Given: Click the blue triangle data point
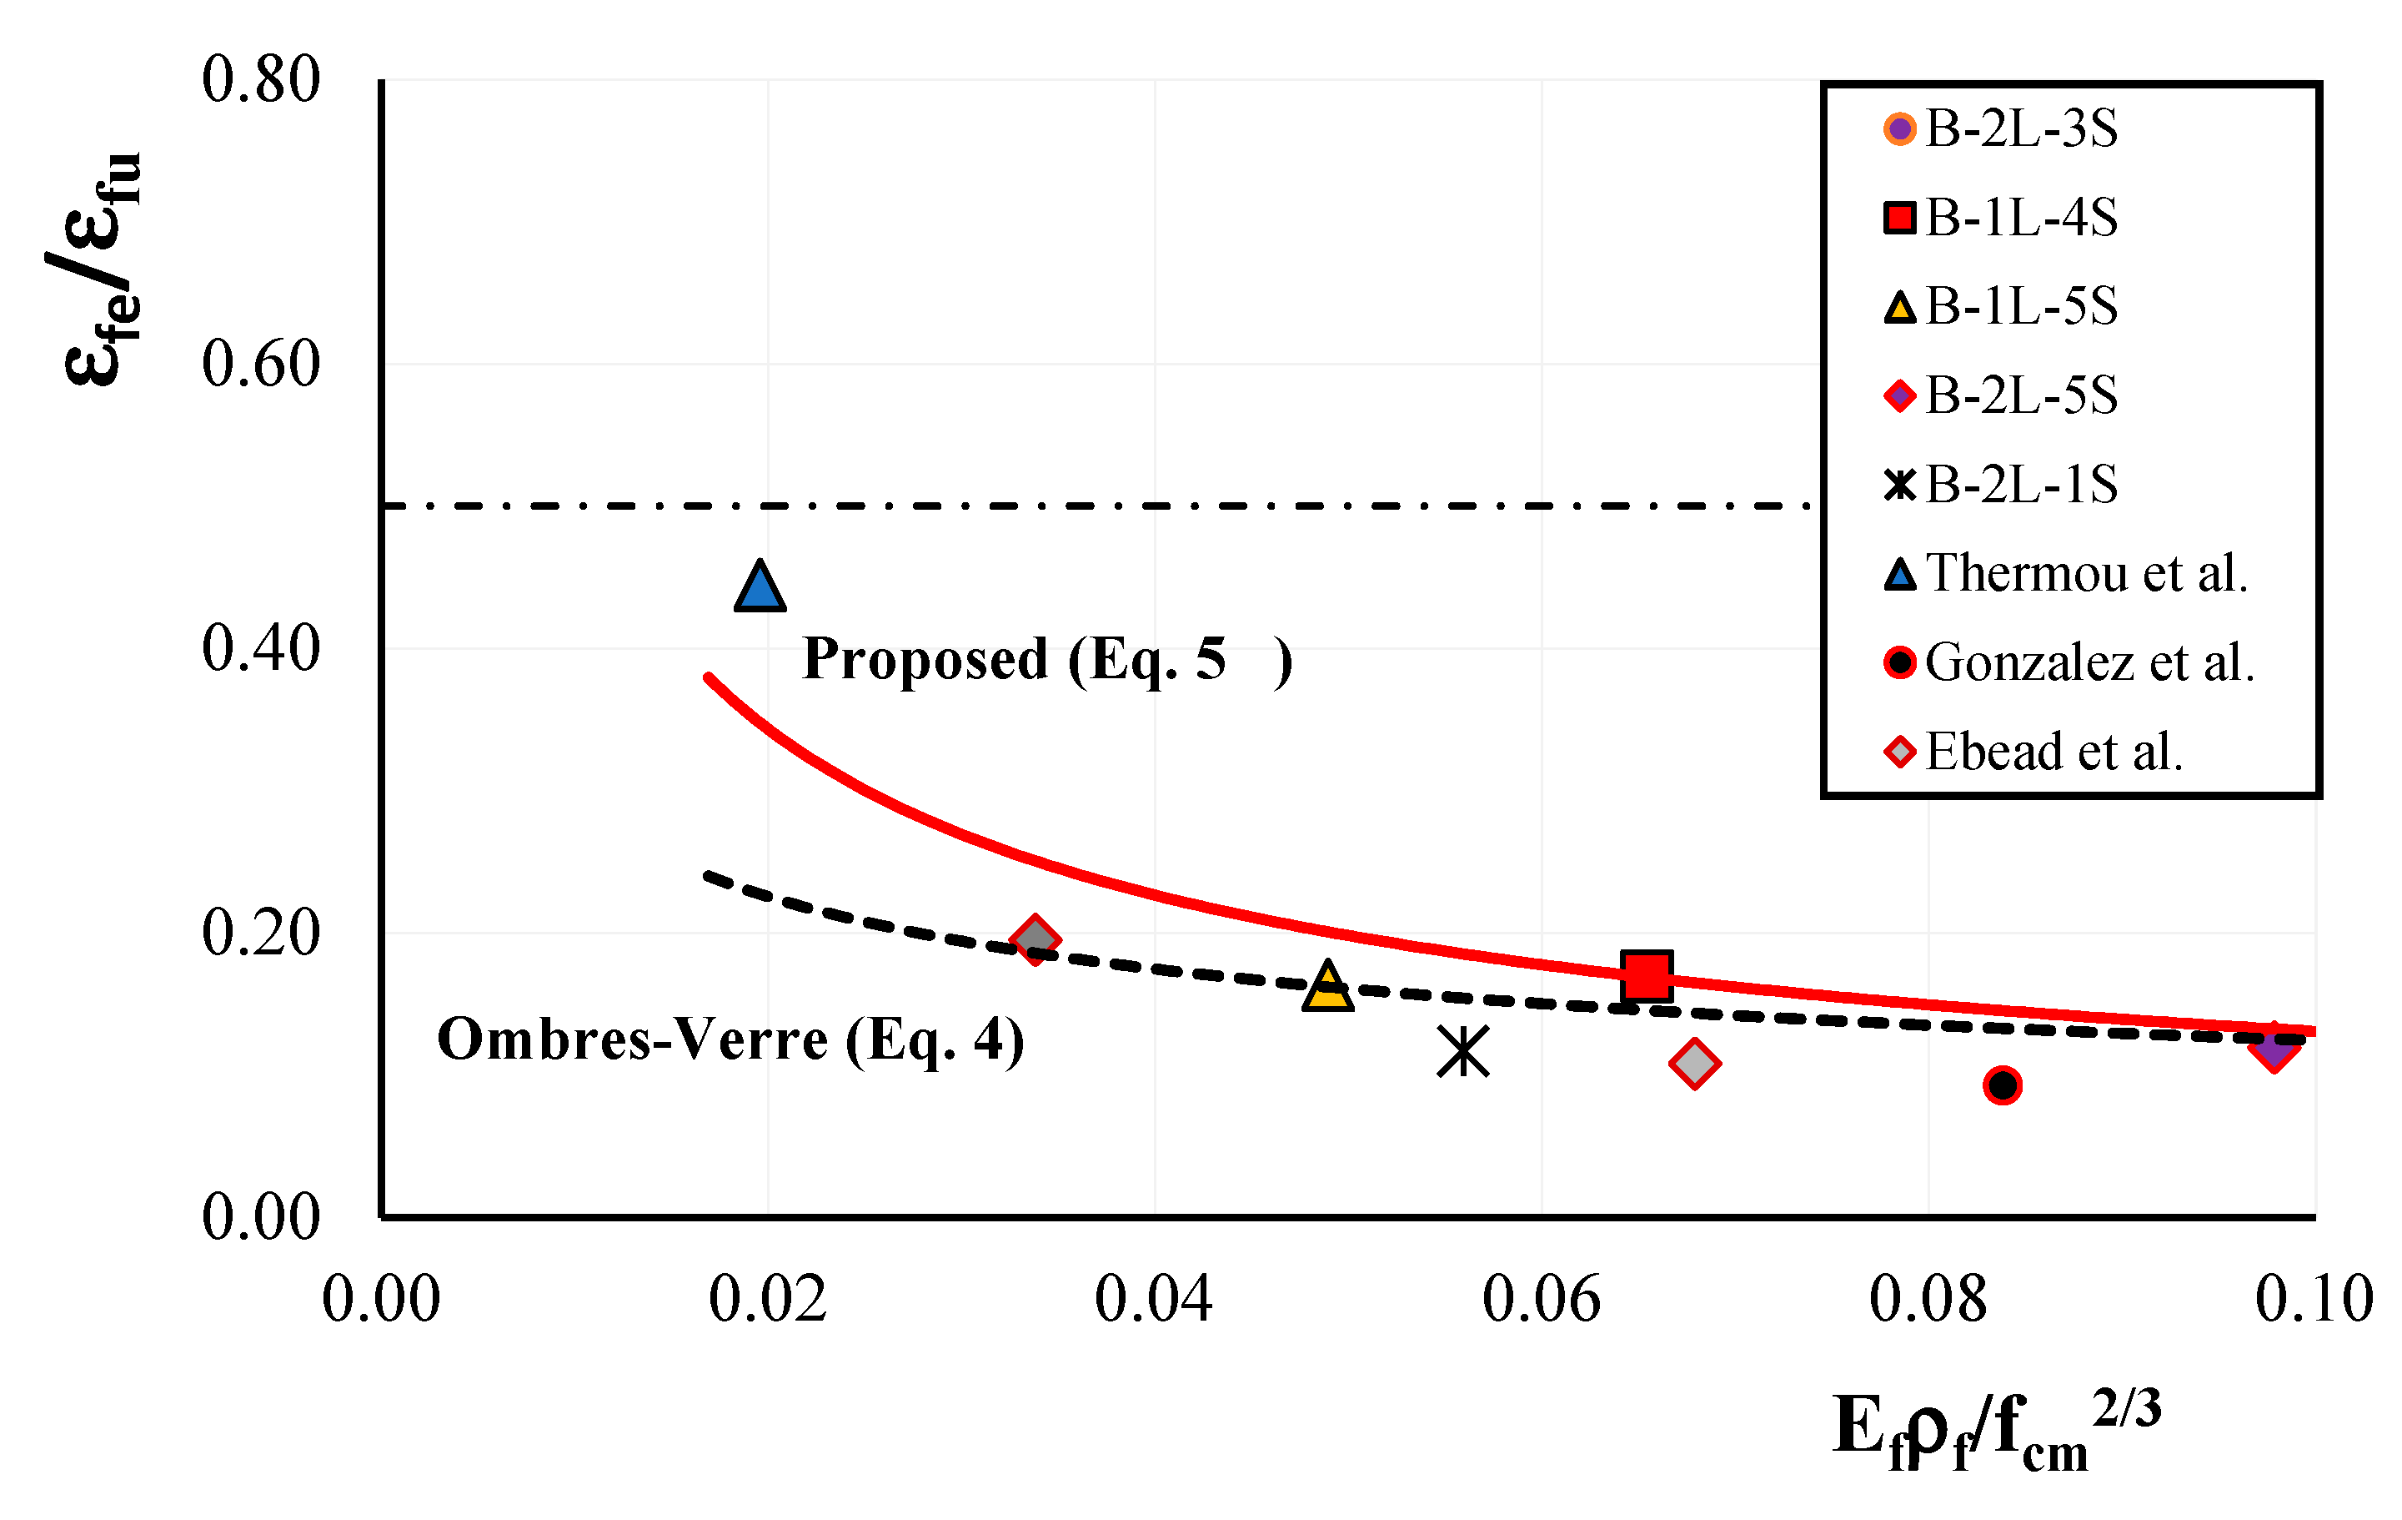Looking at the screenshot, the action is tap(760, 586).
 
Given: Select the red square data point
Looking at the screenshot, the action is tap(1647, 976).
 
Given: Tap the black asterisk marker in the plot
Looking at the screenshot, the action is tap(1463, 1052).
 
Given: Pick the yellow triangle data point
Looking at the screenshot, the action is tap(1327, 986).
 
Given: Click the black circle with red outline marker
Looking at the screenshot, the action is tap(2003, 1085).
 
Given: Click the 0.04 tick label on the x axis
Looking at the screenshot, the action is tap(1154, 1300).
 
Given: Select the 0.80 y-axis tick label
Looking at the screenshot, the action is tap(261, 79).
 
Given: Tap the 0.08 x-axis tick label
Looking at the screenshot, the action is tap(1928, 1300).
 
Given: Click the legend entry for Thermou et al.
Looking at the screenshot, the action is tap(2067, 574).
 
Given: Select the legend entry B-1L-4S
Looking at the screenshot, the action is tap(2001, 218).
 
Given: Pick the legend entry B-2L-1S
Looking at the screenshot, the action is tap(2001, 485).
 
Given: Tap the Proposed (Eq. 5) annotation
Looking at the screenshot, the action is tap(1047, 661).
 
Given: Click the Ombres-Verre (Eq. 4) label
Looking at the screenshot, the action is tap(731, 1041).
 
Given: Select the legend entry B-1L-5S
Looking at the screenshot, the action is tap(2001, 306).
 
